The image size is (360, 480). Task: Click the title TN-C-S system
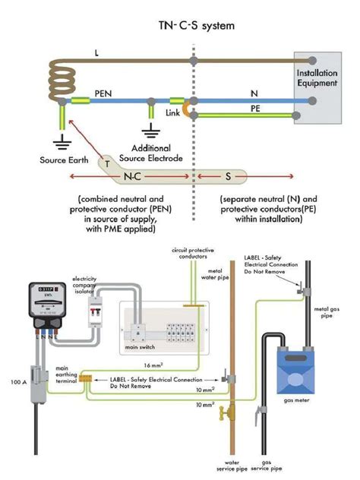(x=196, y=26)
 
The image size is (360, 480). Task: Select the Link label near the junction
(x=173, y=113)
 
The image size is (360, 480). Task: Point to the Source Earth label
(x=65, y=160)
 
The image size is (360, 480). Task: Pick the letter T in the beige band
(x=108, y=163)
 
